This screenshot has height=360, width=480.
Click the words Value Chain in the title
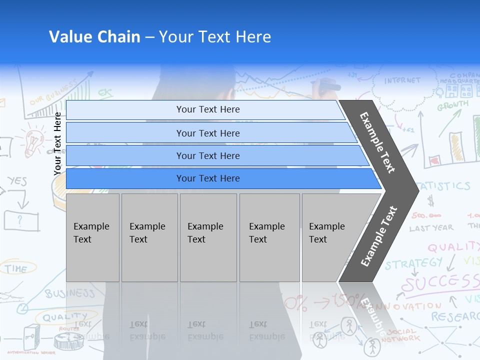click(x=94, y=37)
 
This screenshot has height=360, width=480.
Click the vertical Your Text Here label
click(x=57, y=143)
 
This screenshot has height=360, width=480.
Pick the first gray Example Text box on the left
click(x=92, y=237)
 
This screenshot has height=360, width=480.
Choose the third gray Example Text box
click(x=208, y=237)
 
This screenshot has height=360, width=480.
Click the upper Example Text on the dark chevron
click(x=377, y=142)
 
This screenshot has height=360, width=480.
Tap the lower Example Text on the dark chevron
click(x=379, y=236)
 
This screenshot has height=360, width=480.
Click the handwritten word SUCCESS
click(x=440, y=282)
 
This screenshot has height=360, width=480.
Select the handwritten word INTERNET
click(x=402, y=80)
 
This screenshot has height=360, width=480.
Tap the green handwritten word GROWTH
click(x=452, y=105)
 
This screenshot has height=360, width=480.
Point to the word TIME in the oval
click(x=16, y=268)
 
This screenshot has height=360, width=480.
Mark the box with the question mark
click(x=21, y=220)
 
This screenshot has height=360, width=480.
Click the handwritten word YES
click(x=17, y=181)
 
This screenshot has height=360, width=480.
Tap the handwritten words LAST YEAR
click(x=431, y=228)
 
